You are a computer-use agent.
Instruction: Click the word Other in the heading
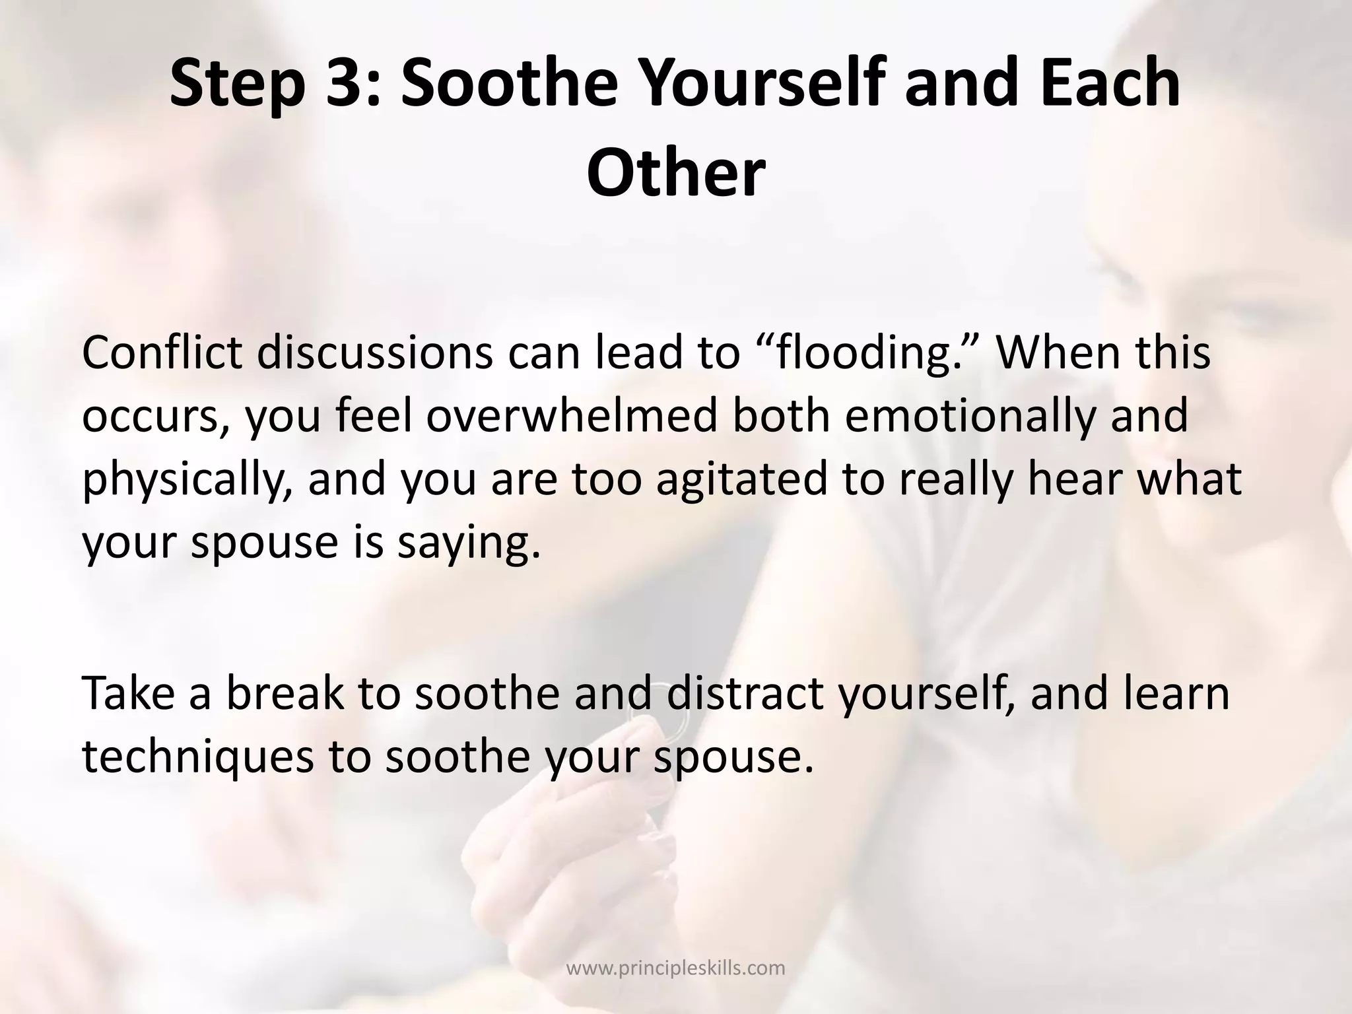(x=675, y=174)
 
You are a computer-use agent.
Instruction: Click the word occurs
(x=156, y=418)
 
